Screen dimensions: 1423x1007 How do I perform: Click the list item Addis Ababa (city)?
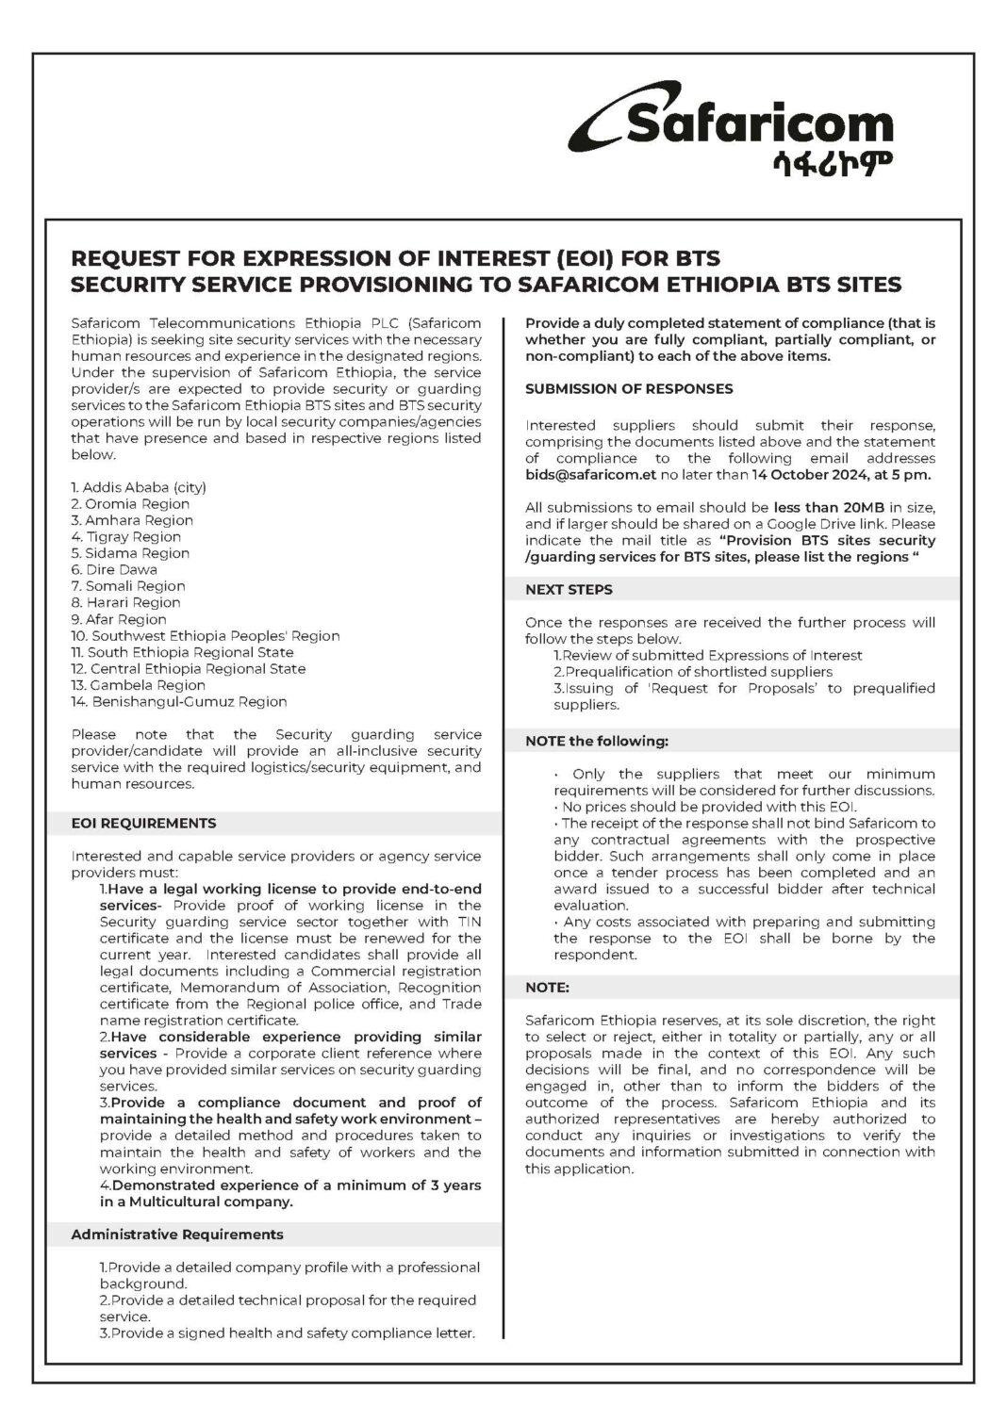click(139, 487)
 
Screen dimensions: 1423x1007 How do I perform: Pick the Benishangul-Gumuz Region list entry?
click(179, 702)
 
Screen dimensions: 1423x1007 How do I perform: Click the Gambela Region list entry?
click(138, 685)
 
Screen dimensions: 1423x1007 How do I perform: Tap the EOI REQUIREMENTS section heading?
click(143, 824)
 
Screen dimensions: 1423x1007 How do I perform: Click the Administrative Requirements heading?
click(176, 1235)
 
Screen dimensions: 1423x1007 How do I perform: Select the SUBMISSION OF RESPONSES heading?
click(629, 389)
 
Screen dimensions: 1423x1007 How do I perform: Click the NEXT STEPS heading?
click(569, 590)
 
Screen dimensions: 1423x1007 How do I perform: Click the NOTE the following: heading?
click(596, 742)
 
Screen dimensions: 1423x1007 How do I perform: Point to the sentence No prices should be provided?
click(708, 807)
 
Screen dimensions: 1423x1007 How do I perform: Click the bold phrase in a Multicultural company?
click(196, 1202)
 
